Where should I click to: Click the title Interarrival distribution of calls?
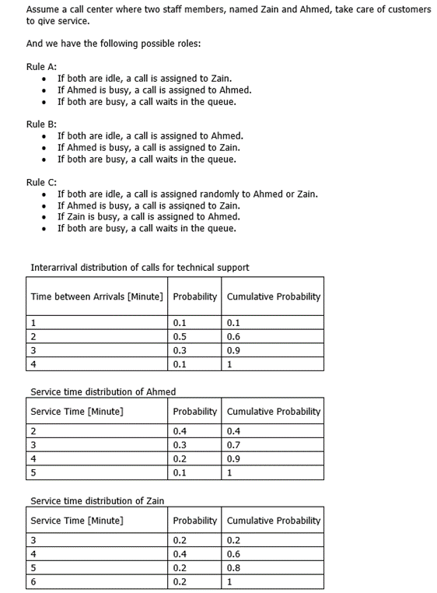point(140,268)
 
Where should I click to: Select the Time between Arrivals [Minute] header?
point(97,296)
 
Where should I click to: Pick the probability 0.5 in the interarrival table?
point(180,336)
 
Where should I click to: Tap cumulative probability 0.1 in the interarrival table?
point(234,322)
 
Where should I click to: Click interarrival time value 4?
point(34,363)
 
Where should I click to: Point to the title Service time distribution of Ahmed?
point(103,391)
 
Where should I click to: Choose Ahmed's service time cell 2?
point(33,431)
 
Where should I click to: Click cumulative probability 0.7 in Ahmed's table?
point(234,445)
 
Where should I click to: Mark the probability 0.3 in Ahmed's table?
point(180,445)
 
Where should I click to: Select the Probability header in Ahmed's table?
point(194,411)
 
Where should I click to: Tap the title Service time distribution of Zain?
point(97,500)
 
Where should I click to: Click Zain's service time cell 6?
point(33,581)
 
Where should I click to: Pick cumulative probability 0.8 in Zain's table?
point(234,567)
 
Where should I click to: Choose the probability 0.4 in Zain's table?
point(180,554)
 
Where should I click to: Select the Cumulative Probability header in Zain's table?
point(274,520)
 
